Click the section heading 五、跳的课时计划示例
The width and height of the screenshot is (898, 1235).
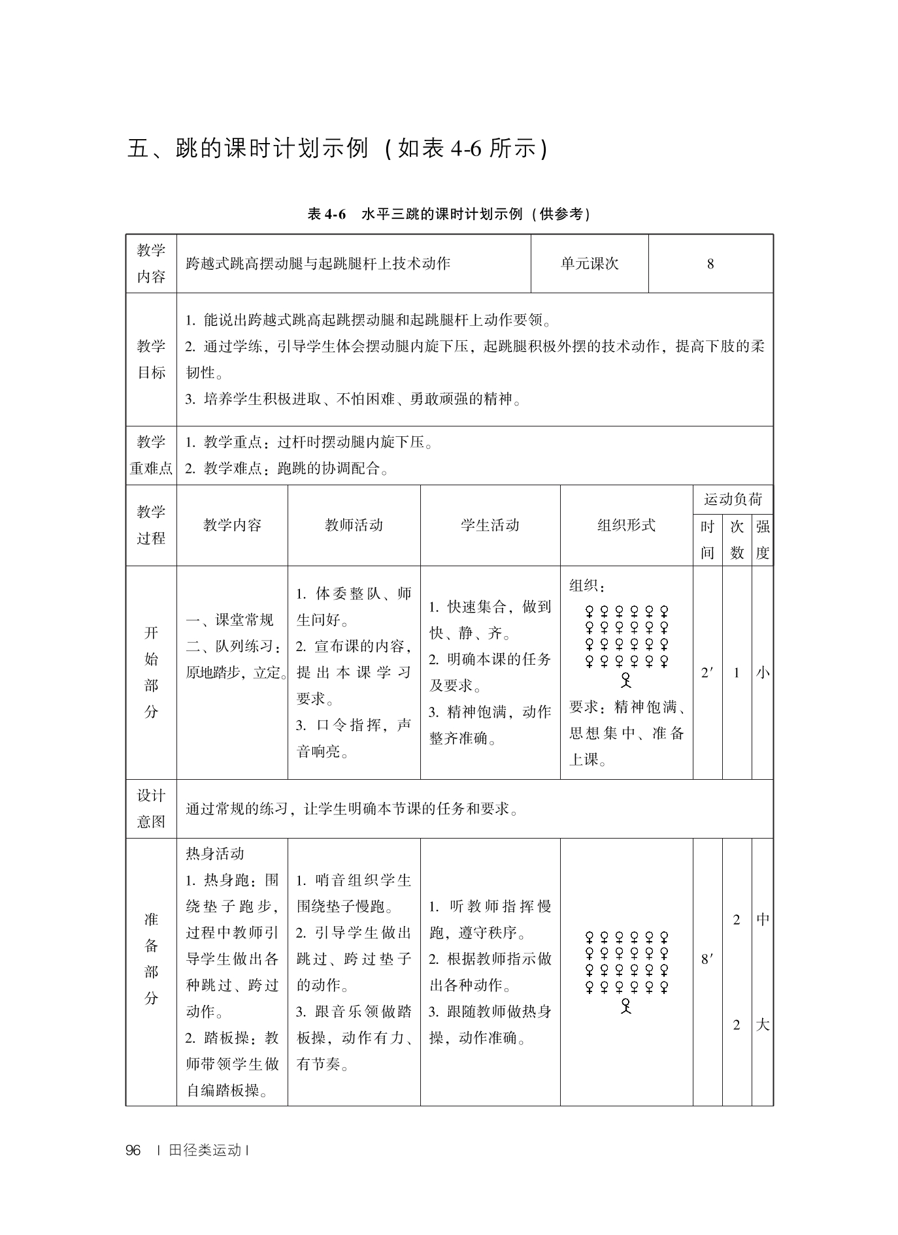tap(337, 150)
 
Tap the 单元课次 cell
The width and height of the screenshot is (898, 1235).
tap(590, 264)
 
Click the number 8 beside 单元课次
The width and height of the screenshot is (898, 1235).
tap(710, 265)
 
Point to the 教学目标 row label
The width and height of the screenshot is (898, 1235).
tap(151, 359)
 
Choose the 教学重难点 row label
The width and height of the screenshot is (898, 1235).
tap(151, 455)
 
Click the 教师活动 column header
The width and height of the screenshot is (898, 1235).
tap(354, 525)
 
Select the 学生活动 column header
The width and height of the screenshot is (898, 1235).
tap(490, 525)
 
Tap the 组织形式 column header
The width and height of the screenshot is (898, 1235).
tap(626, 525)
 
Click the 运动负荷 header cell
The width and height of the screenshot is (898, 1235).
tap(733, 500)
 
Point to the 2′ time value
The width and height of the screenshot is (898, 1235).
tap(707, 673)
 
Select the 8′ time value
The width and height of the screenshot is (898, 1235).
tap(707, 959)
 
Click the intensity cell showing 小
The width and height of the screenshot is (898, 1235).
tap(763, 673)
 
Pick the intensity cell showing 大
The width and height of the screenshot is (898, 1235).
tap(763, 1025)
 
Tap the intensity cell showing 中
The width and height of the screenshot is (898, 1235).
tap(763, 920)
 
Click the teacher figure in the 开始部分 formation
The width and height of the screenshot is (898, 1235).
tap(626, 681)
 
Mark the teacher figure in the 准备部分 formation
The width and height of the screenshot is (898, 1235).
tap(626, 1006)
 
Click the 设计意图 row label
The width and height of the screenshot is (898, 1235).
tap(151, 809)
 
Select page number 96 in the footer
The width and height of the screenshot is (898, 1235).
tap(133, 1151)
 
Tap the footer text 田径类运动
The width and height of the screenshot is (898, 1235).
tap(205, 1151)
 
